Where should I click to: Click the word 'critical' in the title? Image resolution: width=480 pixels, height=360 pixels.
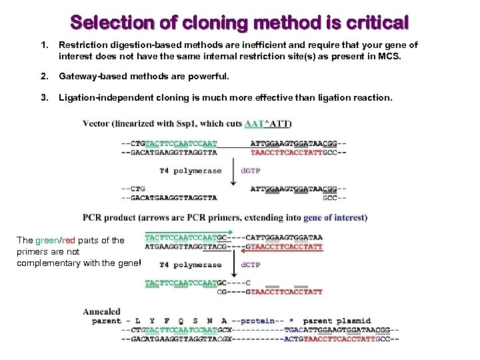tap(376, 23)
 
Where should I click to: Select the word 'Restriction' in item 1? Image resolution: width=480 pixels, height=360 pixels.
tap(83, 45)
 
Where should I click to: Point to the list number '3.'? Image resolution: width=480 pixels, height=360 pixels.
tap(45, 97)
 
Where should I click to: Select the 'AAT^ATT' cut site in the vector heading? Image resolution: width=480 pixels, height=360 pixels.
tap(269, 123)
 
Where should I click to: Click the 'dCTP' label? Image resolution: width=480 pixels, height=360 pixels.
tap(251, 265)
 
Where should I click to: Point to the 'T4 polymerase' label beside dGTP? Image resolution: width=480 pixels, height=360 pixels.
tap(190, 171)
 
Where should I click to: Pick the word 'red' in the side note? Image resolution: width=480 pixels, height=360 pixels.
tap(69, 241)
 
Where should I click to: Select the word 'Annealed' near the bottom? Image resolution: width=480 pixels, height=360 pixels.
tap(101, 311)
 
